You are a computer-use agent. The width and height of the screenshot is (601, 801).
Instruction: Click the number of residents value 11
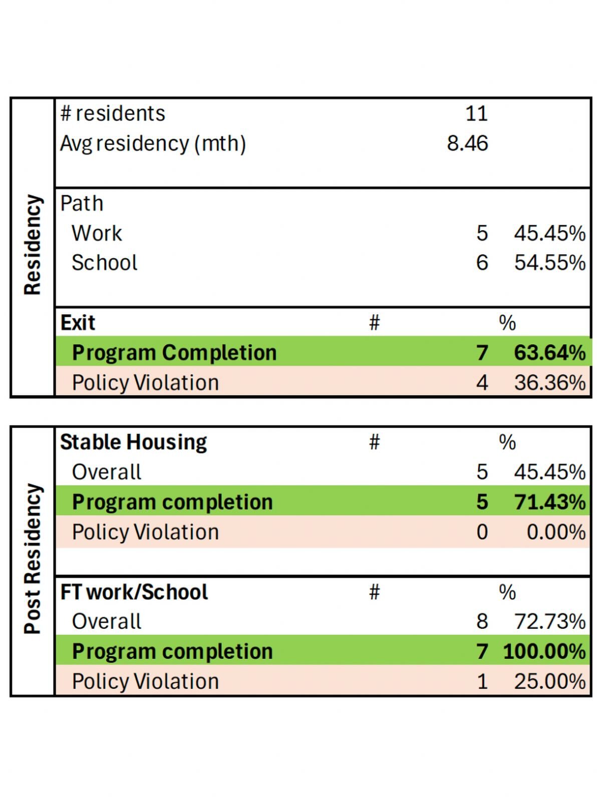click(x=476, y=114)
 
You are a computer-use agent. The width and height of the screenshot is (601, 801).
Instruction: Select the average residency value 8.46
click(x=467, y=143)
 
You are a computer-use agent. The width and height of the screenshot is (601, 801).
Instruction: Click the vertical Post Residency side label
click(x=33, y=559)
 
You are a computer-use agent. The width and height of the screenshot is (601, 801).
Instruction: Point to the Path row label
click(x=82, y=204)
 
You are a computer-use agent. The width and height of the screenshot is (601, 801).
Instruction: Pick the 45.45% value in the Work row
click(x=549, y=233)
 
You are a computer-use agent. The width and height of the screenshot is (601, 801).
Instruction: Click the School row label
click(x=104, y=263)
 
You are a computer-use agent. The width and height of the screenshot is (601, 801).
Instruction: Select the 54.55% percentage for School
click(x=549, y=263)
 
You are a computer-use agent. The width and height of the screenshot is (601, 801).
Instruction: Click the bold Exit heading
click(x=78, y=323)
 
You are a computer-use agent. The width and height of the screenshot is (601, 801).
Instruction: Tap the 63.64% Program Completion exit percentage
click(x=549, y=353)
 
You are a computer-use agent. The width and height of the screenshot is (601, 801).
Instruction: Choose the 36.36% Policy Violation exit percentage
click(x=549, y=383)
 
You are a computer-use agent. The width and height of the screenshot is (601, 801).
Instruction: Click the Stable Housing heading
click(x=133, y=443)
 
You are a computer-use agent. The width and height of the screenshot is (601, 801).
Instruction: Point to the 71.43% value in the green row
click(x=549, y=502)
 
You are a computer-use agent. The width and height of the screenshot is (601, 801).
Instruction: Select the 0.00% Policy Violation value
click(x=555, y=532)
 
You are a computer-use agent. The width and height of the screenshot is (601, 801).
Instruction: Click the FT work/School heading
click(x=134, y=592)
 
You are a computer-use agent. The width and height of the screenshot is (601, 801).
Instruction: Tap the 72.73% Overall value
click(x=549, y=622)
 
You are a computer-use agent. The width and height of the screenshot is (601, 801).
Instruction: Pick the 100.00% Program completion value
click(x=544, y=652)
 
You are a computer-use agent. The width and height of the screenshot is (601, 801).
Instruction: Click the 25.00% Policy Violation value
click(x=549, y=682)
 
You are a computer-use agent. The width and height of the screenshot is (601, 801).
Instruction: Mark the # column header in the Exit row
click(x=374, y=323)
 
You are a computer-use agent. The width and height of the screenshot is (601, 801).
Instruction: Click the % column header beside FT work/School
click(x=507, y=592)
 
